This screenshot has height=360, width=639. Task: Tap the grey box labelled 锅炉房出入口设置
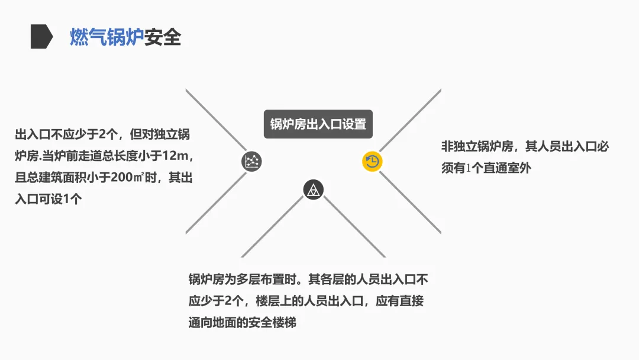[318, 124]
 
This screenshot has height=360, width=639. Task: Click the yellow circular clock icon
[372, 162]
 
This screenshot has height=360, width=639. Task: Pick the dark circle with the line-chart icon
[251, 161]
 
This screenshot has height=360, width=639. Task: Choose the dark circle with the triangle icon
[314, 190]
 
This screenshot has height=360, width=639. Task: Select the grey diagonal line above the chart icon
[215, 118]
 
